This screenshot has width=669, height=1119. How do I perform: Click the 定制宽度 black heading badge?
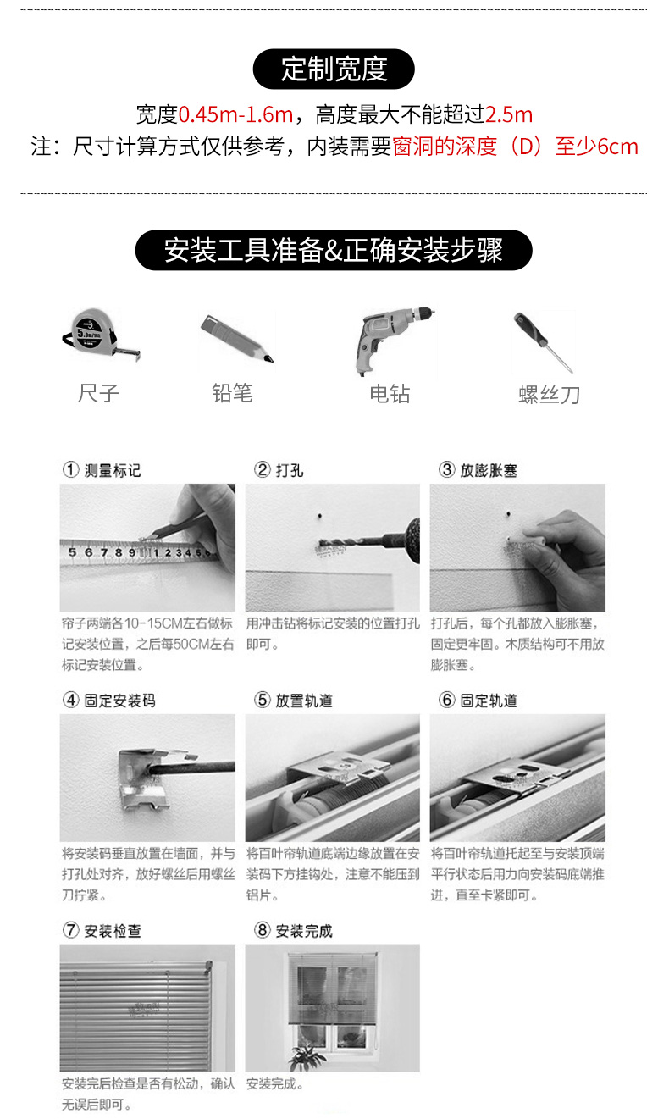coord(334,69)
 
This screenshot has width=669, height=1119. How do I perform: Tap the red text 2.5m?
coord(509,115)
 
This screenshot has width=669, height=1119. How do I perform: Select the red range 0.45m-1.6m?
coord(235,115)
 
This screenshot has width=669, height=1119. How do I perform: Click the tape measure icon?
coord(100,335)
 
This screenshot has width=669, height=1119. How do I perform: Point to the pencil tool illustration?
coord(237,338)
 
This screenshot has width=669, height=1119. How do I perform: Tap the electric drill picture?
coord(395,339)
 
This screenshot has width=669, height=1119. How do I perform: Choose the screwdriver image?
coord(543,342)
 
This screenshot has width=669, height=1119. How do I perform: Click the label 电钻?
coord(390,394)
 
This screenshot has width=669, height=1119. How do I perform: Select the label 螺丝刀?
coord(550,395)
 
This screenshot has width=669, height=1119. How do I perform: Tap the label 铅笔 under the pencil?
coord(233,393)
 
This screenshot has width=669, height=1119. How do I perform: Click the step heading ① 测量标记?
coord(102,470)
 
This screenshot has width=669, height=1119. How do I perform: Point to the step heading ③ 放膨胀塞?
coord(478,470)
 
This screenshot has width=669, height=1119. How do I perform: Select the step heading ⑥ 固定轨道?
coord(478,701)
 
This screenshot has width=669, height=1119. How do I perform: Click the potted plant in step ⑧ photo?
coord(307,1055)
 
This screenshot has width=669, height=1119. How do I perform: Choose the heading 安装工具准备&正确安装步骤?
coord(334,250)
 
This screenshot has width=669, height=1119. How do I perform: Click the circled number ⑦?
coord(70,930)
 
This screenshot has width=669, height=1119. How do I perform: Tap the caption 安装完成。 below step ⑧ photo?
coord(275,1083)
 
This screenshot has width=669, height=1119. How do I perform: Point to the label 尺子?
coord(98,393)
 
